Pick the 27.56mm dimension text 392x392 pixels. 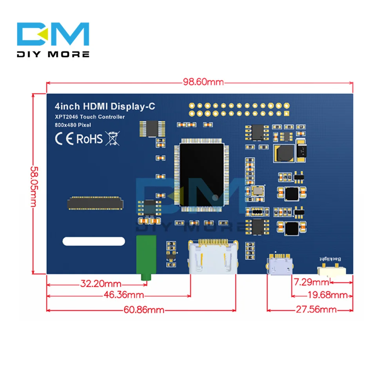317,310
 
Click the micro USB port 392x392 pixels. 280,265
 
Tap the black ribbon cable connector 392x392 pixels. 95,202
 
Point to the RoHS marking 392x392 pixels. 89,139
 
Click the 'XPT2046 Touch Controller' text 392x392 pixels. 90,117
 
